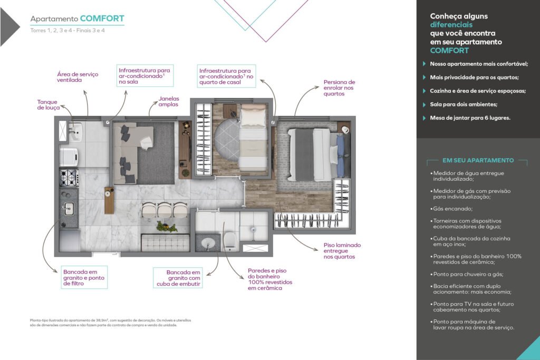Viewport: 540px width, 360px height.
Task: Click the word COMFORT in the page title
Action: pyautogui.click(x=102, y=18)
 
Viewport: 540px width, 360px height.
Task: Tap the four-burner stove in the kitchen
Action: pyautogui.click(x=69, y=178)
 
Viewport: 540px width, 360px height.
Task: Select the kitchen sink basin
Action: pyautogui.click(x=69, y=208)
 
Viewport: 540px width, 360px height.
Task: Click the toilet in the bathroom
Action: pyautogui.click(x=230, y=239)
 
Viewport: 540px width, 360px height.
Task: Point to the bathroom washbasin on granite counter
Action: pyautogui.click(x=208, y=242)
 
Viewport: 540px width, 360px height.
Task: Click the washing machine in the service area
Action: pyautogui.click(x=69, y=157)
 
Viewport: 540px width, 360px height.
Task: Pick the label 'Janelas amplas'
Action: pyautogui.click(x=169, y=102)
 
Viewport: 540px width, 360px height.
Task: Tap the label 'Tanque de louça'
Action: pyautogui.click(x=48, y=105)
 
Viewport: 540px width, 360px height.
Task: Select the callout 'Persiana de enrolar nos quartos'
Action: pyautogui.click(x=339, y=88)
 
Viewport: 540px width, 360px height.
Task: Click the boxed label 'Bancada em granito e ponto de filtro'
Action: pyautogui.click(x=84, y=277)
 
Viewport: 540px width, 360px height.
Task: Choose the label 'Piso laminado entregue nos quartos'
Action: pyautogui.click(x=342, y=251)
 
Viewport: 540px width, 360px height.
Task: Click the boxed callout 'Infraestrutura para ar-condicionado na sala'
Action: pyautogui.click(x=144, y=76)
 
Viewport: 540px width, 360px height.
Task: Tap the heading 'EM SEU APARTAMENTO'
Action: pyautogui.click(x=478, y=160)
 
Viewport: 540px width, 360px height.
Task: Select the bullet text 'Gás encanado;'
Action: pyautogui.click(x=452, y=209)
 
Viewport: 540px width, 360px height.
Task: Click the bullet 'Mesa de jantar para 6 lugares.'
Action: pyautogui.click(x=470, y=118)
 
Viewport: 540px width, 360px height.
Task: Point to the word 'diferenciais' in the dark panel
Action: pyautogui.click(x=451, y=25)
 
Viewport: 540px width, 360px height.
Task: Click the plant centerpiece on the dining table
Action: pyautogui.click(x=166, y=227)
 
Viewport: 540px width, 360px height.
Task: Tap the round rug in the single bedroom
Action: pyautogui.click(x=227, y=139)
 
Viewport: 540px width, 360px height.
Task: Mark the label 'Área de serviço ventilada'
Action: pyautogui.click(x=78, y=77)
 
